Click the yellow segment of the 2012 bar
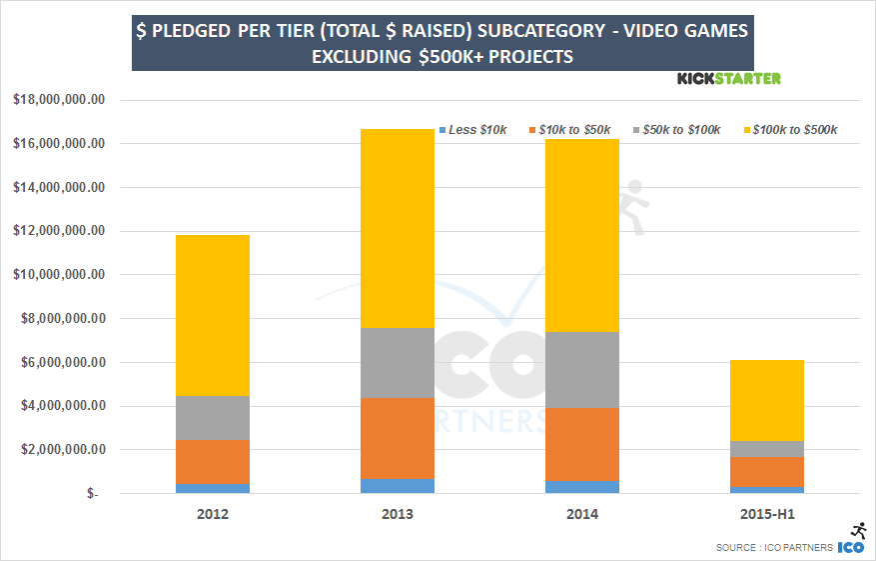tap(213, 315)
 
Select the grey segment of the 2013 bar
tap(398, 362)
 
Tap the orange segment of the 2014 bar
tap(582, 444)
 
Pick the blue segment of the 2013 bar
tap(398, 486)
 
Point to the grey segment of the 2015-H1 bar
tap(766, 449)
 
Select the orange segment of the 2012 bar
tap(213, 462)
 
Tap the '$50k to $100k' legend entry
tap(679, 130)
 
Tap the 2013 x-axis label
tap(398, 514)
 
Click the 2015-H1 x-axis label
tap(766, 514)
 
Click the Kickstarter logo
tap(729, 78)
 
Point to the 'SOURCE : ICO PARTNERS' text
tap(774, 548)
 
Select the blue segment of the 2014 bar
tap(582, 487)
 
